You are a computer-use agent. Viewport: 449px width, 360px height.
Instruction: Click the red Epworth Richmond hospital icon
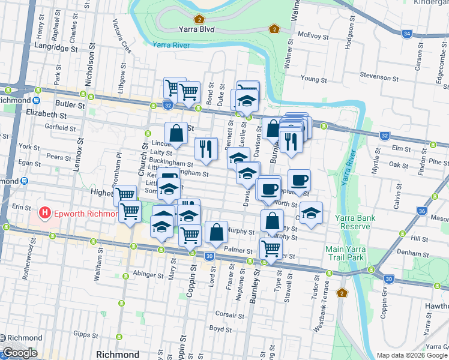tap(44, 213)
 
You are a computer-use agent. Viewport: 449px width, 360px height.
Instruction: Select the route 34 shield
tap(407, 33)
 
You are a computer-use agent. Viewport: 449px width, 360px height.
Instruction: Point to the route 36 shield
tap(439, 211)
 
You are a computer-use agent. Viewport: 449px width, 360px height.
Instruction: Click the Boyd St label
tap(220, 329)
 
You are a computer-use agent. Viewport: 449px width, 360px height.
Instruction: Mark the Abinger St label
tap(148, 275)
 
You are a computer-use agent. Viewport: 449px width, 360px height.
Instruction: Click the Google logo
tap(20, 353)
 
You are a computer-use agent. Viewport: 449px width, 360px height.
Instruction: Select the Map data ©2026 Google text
tap(412, 355)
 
